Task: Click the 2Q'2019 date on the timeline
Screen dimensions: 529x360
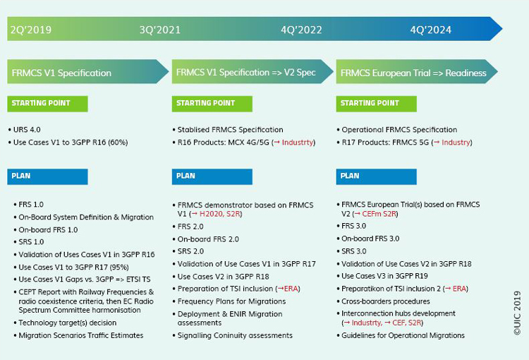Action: [x=31, y=30]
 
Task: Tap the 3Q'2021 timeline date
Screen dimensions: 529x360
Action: [x=160, y=30]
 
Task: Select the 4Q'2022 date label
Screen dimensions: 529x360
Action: [x=301, y=30]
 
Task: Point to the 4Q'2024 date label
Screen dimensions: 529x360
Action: [x=430, y=30]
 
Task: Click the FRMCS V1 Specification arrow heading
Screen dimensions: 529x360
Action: [x=87, y=71]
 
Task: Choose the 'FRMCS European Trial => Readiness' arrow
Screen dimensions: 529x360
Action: [x=417, y=71]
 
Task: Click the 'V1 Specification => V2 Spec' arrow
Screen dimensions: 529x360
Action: [x=253, y=71]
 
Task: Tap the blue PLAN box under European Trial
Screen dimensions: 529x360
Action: [x=376, y=176]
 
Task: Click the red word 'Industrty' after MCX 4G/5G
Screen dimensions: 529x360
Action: [x=298, y=143]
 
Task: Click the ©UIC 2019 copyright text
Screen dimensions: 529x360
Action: [x=517, y=313]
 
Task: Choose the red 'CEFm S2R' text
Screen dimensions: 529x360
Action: [x=379, y=214]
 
